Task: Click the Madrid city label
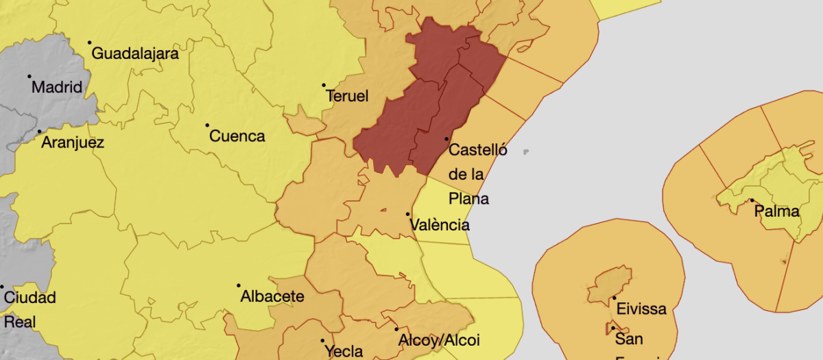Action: coord(58,88)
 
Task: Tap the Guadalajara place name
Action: coord(135,53)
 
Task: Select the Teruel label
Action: coord(348,96)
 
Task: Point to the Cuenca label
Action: coord(237,136)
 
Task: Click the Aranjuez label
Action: coord(73,143)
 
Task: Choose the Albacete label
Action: coord(272,297)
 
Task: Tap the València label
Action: coord(440,225)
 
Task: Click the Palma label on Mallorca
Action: coord(777,211)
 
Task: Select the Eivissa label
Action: coord(641,309)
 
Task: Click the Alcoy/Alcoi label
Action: coord(439,340)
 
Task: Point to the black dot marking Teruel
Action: coord(324,85)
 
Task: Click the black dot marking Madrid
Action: coord(29,76)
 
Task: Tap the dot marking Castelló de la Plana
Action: coord(446,139)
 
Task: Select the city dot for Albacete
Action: coord(239,285)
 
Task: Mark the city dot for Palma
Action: coord(752,200)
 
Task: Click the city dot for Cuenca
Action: coord(207,125)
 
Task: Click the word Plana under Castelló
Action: coord(469,199)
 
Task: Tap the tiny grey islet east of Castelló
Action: coord(526,152)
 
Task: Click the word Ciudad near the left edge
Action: coord(30,298)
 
